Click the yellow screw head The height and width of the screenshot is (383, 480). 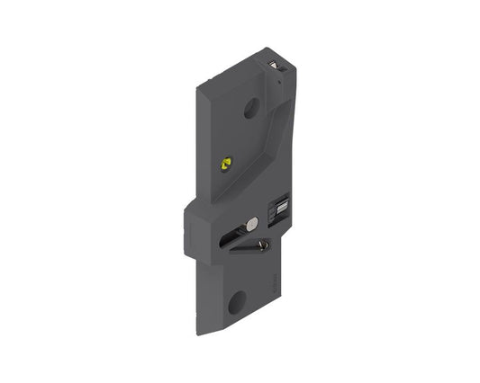(x=225, y=163)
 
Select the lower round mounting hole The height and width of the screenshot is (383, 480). (x=237, y=302)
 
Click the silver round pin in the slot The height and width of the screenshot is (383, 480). (x=253, y=223)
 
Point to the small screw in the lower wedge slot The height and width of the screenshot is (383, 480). (x=261, y=245)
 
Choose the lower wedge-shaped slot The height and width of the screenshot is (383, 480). (x=250, y=248)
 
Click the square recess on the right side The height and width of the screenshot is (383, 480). (x=280, y=208)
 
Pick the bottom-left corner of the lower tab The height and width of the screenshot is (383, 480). (x=198, y=330)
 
